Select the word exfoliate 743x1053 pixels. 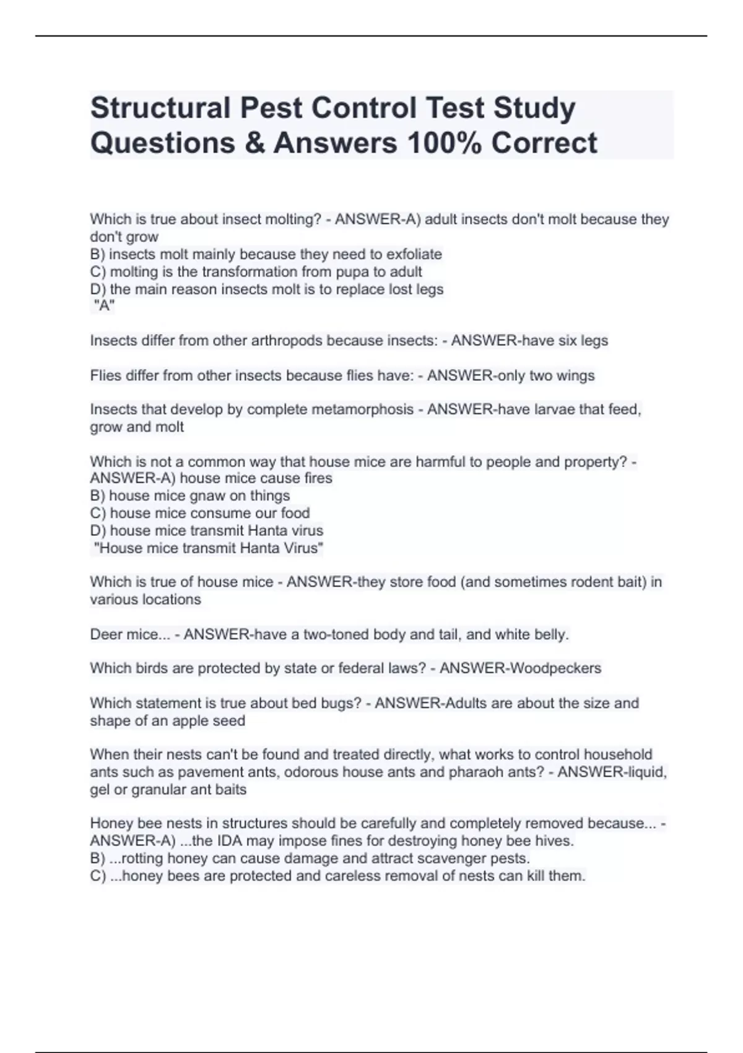point(414,254)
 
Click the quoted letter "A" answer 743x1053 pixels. point(104,305)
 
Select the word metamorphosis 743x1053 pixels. point(362,409)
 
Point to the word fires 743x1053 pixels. point(316,478)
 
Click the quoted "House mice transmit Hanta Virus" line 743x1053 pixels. point(208,548)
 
